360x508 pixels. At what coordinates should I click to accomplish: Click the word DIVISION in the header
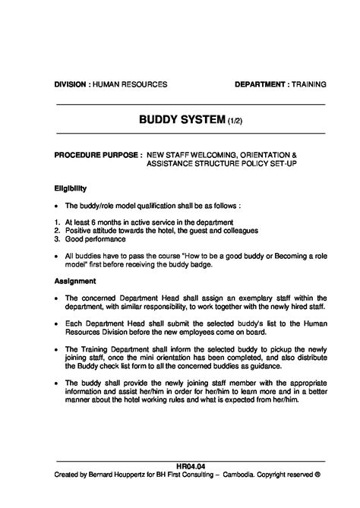(x=70, y=84)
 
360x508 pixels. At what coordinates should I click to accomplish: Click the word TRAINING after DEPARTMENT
(x=309, y=84)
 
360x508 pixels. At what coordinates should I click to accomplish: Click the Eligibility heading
(x=71, y=188)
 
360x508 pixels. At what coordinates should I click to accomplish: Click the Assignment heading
(x=74, y=281)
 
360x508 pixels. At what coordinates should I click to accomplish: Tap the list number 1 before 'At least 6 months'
(x=57, y=222)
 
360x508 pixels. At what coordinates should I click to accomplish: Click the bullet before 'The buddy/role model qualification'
(x=57, y=206)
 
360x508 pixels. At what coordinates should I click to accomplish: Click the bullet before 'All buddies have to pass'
(x=57, y=257)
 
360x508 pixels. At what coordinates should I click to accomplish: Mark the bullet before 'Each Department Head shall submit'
(x=57, y=323)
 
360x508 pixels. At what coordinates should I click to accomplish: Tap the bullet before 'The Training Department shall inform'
(x=57, y=349)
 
